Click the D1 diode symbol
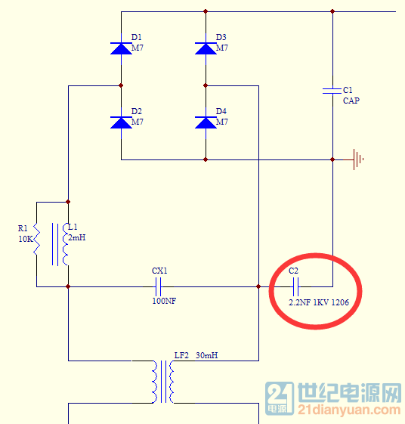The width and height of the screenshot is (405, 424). (121, 48)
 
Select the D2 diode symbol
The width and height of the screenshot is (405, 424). (121, 122)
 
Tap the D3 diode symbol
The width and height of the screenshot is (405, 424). (206, 48)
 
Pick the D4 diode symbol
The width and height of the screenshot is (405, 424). (206, 122)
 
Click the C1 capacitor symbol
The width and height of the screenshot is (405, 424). (332, 91)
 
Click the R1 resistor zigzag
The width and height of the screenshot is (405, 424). (36, 240)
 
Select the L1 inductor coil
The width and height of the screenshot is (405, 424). (66, 244)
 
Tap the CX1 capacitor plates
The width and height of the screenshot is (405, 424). (159, 286)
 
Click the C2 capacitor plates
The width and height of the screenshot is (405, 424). (295, 286)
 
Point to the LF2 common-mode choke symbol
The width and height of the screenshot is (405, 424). (163, 382)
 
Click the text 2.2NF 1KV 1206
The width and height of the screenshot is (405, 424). (319, 302)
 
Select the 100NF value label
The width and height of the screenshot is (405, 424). (164, 301)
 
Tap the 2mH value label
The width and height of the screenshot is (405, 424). (77, 237)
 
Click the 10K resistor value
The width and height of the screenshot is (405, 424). (26, 239)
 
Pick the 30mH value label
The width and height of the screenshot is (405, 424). (207, 355)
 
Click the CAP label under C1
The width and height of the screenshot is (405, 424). (351, 101)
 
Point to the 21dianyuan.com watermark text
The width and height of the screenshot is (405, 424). (349, 410)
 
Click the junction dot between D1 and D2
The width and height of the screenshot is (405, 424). (121, 85)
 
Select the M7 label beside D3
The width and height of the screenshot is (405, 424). (222, 48)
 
